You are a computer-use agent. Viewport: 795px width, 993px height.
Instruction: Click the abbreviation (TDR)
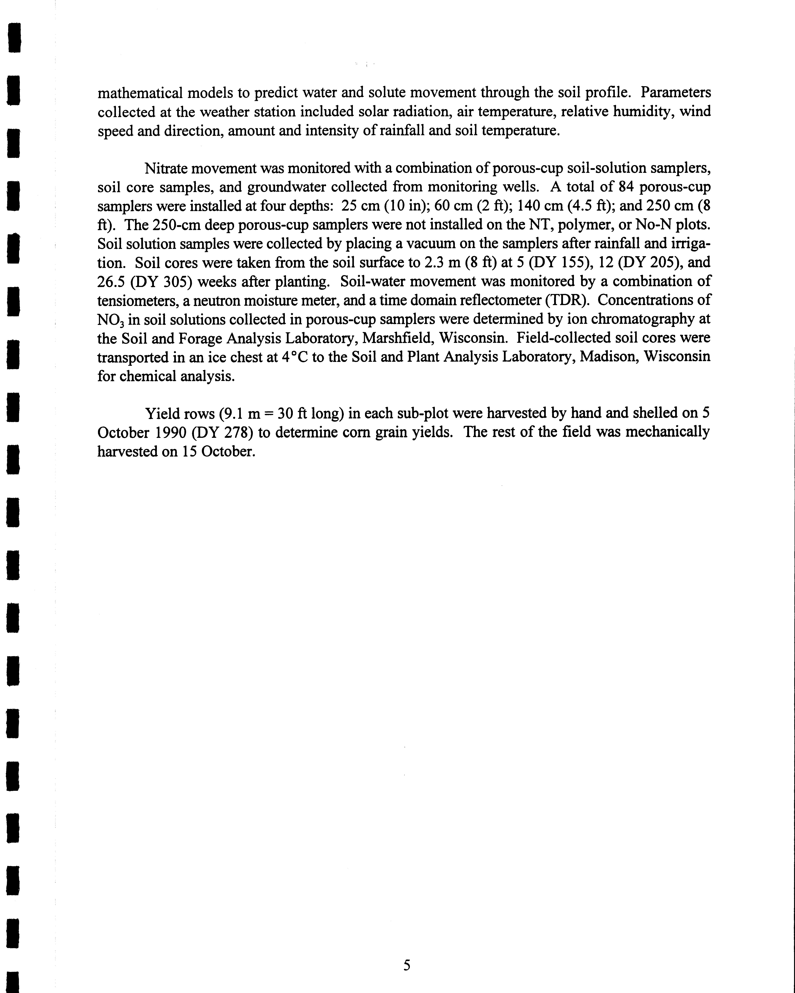567,300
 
